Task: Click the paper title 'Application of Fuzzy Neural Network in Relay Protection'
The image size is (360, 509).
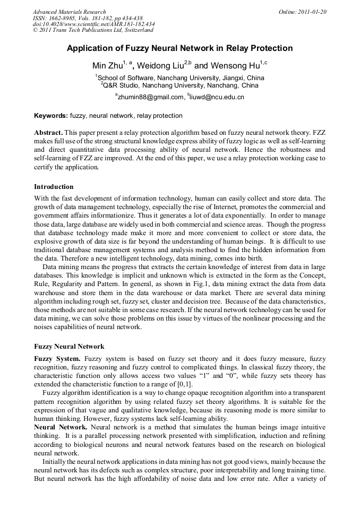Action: pos(179,48)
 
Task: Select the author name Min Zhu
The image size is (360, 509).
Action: pos(107,66)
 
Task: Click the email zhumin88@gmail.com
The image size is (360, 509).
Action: pos(150,97)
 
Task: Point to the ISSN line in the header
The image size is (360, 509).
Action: pos(85,18)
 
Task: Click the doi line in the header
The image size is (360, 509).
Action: pos(93,24)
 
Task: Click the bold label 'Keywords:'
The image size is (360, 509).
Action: pos(51,116)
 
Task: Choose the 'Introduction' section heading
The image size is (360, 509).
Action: pos(54,187)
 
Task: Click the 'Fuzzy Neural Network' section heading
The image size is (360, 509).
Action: pos(69,347)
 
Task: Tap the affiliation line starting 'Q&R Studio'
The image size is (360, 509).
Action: pos(181,85)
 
